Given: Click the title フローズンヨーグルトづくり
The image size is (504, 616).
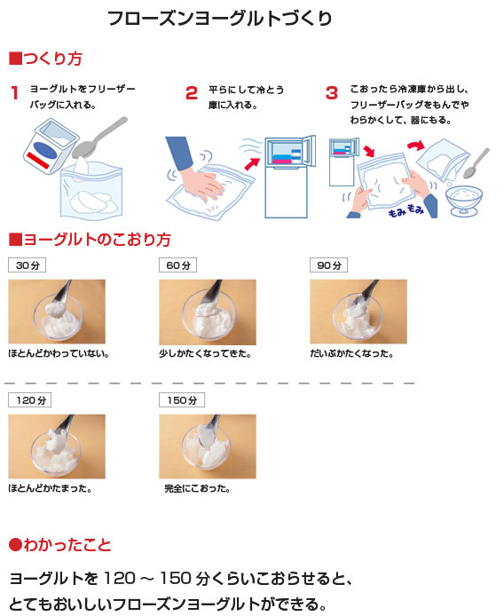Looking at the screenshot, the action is [220, 19].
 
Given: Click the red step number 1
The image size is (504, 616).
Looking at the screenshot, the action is [15, 93].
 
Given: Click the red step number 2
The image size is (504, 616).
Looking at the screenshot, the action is [192, 93].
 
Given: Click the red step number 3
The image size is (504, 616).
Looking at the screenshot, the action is [332, 93].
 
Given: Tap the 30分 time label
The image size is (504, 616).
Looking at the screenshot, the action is [28, 265].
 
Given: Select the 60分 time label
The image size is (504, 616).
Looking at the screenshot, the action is [178, 265].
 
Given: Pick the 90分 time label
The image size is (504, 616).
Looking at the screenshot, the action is [329, 265].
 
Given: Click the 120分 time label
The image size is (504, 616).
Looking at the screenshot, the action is [30, 400].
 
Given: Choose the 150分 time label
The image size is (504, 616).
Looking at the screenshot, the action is [182, 400].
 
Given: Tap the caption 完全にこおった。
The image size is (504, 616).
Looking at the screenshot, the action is [197, 488].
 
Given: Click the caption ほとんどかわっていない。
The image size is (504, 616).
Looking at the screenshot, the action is [59, 353].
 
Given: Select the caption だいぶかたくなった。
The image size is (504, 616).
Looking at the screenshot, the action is [351, 353].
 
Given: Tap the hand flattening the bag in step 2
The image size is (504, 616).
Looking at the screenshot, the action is [193, 169].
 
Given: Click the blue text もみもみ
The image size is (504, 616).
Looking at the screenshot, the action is [406, 210].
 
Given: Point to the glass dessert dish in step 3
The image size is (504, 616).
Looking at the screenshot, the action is [464, 201].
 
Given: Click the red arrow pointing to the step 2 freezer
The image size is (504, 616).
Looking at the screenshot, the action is [252, 163].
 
